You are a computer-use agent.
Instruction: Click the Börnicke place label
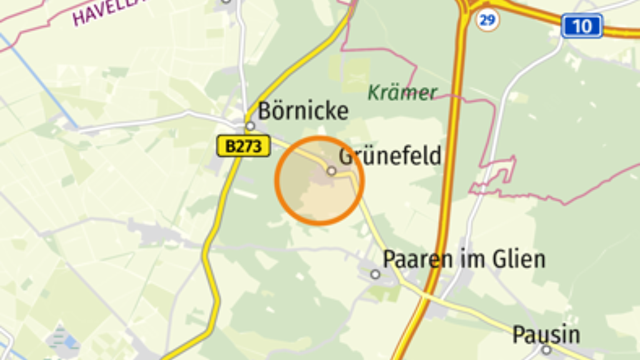[303, 111]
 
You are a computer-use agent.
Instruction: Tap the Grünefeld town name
[390, 156]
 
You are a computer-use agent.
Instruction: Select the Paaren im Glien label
[464, 259]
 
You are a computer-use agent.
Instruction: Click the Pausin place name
[546, 335]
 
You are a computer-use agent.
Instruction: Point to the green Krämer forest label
[402, 93]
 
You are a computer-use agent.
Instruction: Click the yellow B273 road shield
[244, 147]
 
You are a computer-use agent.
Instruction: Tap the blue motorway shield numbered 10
[581, 26]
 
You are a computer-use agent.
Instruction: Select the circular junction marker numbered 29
[487, 20]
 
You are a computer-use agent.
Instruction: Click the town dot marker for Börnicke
[250, 126]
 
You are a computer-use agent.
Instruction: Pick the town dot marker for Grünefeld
[331, 171]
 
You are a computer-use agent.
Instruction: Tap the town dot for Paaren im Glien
[375, 274]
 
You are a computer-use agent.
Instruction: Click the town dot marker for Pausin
[546, 350]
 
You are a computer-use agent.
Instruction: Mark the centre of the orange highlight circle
[319, 181]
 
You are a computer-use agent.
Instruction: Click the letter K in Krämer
[373, 93]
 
